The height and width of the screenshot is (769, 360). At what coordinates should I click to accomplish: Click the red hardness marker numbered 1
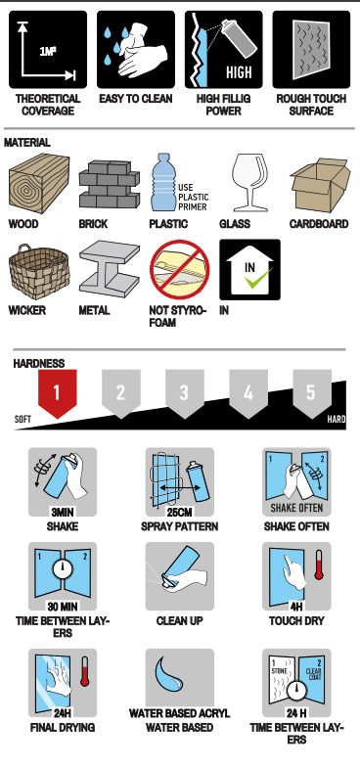click(58, 393)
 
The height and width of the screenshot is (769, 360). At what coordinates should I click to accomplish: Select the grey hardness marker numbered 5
click(312, 393)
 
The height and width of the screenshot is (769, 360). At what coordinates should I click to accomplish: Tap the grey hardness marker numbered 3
click(185, 393)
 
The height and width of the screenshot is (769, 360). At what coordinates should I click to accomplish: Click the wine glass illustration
click(250, 182)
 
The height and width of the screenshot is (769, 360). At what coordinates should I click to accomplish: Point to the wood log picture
click(39, 183)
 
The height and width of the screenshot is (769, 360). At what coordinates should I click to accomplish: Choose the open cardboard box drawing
click(320, 185)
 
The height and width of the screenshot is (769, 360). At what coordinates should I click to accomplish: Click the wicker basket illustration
click(39, 271)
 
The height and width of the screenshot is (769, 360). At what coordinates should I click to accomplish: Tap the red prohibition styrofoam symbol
click(179, 269)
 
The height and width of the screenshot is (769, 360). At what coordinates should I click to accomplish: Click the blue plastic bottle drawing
click(162, 182)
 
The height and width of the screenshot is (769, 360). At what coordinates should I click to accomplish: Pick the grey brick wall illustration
click(109, 184)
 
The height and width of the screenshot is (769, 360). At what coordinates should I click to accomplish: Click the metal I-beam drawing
click(109, 269)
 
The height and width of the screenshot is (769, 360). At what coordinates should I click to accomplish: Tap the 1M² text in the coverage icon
click(48, 51)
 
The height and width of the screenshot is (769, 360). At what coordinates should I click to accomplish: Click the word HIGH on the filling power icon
click(239, 72)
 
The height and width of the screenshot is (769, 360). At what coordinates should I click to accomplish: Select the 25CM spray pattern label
click(179, 513)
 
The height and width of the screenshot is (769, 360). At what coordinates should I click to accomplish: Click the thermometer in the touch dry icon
click(319, 565)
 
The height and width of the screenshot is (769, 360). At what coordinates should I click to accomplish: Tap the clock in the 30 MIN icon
click(63, 568)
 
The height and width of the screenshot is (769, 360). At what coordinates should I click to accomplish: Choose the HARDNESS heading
click(39, 363)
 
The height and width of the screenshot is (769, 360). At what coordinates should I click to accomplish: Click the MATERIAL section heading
click(27, 143)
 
